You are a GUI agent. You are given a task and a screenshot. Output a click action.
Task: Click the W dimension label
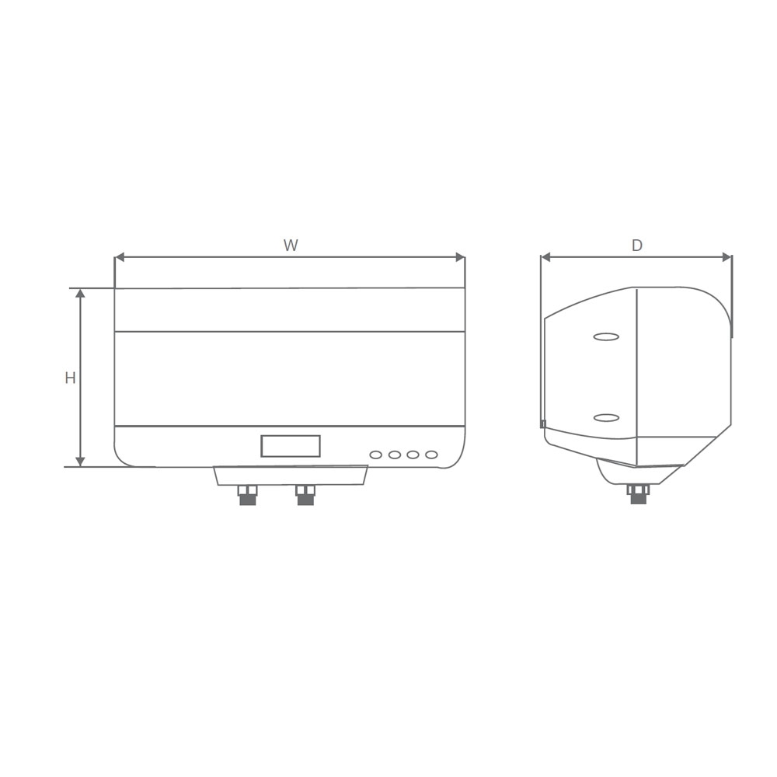(291, 246)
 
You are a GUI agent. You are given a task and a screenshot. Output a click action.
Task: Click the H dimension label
(70, 378)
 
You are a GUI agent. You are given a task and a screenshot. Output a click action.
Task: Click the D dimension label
(637, 246)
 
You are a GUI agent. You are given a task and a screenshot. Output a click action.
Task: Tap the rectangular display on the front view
(291, 446)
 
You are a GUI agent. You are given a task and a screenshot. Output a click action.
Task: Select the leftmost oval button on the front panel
(376, 455)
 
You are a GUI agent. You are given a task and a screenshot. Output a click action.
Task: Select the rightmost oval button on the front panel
(431, 455)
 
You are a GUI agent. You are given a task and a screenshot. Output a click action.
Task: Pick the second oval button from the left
(395, 455)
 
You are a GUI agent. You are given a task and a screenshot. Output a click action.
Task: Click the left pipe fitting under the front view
(247, 495)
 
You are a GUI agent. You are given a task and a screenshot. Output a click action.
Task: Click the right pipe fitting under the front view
(305, 495)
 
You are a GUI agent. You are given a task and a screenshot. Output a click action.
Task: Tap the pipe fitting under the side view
(638, 494)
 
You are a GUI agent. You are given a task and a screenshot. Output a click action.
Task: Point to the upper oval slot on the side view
(606, 337)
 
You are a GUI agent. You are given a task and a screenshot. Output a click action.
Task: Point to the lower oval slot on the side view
(606, 418)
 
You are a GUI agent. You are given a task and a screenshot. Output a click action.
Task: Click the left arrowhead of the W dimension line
(119, 257)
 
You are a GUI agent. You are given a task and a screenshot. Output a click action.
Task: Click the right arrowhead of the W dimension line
(460, 257)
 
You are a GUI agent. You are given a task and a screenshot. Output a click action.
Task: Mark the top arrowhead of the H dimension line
(80, 294)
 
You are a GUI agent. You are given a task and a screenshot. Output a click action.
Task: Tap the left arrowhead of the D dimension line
(545, 257)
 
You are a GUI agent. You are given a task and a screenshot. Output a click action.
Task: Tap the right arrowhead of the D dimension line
(727, 257)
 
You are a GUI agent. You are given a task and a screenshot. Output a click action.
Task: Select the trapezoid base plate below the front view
(291, 476)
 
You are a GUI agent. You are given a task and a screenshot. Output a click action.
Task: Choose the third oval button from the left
(413, 455)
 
